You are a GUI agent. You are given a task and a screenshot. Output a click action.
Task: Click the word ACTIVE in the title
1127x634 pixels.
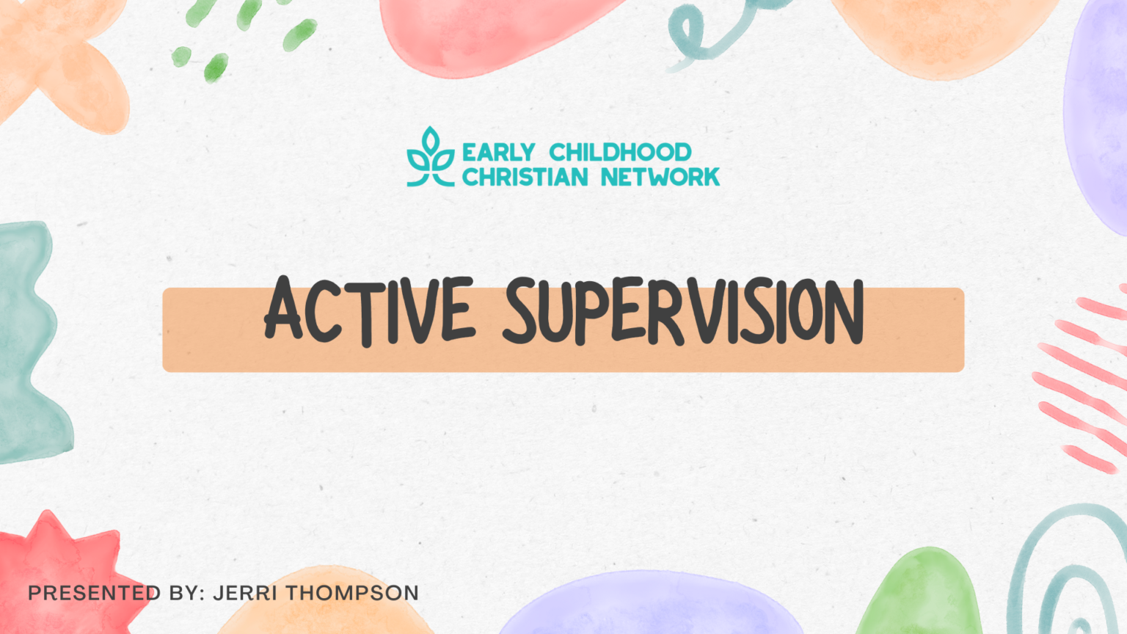(x=370, y=311)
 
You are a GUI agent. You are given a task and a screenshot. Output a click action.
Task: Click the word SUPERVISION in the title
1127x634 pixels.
(x=684, y=313)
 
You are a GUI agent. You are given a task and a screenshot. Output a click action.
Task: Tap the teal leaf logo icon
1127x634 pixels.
(x=431, y=158)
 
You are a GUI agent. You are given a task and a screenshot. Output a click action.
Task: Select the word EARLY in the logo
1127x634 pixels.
(x=498, y=152)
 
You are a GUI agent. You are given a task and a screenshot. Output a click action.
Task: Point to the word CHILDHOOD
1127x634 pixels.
(x=620, y=152)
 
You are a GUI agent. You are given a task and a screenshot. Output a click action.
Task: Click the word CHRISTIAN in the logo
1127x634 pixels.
(x=525, y=177)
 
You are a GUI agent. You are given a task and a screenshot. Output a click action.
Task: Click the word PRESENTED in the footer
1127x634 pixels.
(x=94, y=593)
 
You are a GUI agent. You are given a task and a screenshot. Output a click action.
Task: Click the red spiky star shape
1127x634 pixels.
(x=55, y=572)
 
